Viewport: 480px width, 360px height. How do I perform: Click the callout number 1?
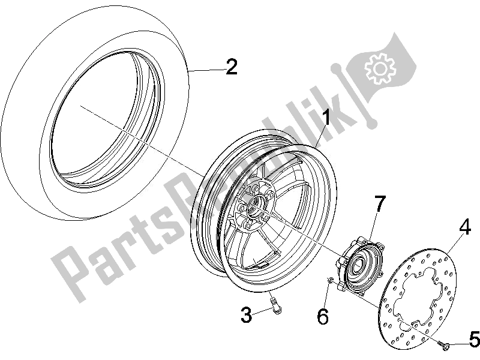point(326,118)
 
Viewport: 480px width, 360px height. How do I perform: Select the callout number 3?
point(246,314)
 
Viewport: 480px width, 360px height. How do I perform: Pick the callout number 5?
point(473,340)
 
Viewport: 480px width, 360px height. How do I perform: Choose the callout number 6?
point(323,316)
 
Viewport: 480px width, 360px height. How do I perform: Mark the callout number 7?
point(380,203)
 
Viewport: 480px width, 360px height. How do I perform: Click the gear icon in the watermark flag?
point(380,68)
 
